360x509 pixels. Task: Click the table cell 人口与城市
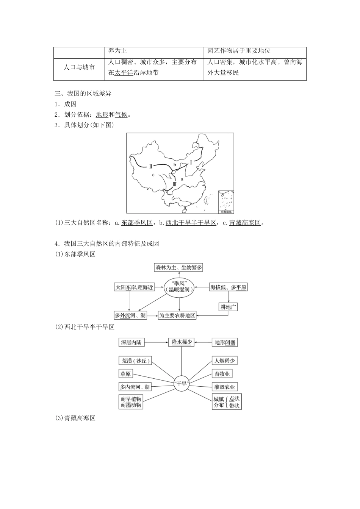(x=79, y=67)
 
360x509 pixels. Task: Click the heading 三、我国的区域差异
(x=83, y=94)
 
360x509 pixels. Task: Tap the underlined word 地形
(x=102, y=115)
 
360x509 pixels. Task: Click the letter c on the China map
(x=153, y=175)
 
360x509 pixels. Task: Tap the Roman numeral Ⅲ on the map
(x=174, y=184)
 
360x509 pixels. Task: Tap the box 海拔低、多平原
(x=229, y=287)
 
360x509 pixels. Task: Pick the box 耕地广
(x=229, y=307)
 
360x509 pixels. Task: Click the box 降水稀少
(x=182, y=342)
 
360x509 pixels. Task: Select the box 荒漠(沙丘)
(x=135, y=361)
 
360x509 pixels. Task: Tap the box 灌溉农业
(x=225, y=387)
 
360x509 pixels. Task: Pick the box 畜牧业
(x=222, y=374)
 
